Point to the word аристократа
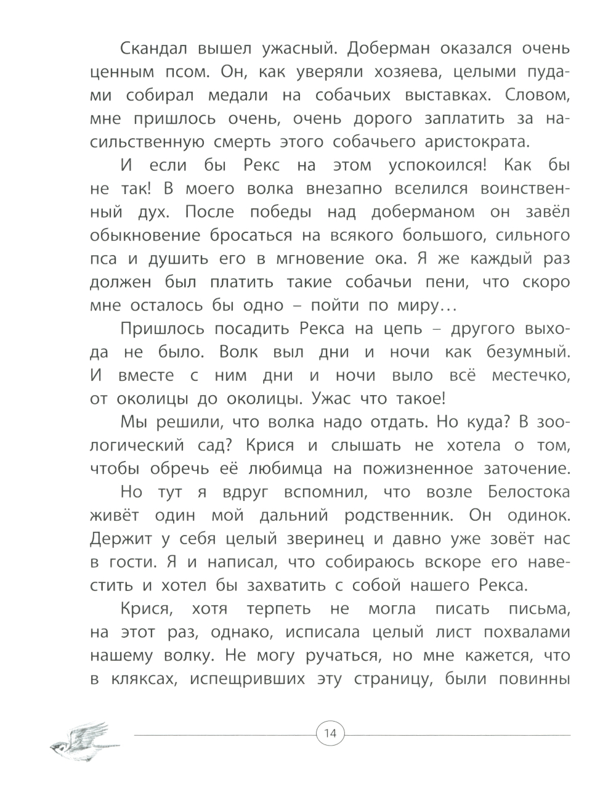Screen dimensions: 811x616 coord(477,142)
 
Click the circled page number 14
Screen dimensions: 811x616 coord(330,733)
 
